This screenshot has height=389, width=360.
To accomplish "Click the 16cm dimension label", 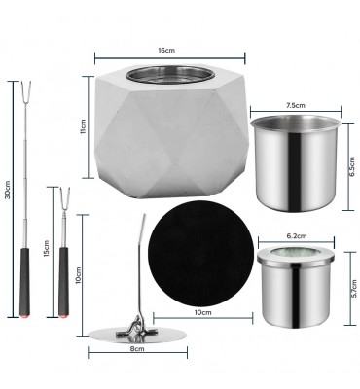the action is [x=166, y=51].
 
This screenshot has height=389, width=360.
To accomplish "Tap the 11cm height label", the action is [x=84, y=126].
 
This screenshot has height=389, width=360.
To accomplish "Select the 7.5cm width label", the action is [x=296, y=105].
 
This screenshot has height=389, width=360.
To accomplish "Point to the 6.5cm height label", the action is [x=352, y=167].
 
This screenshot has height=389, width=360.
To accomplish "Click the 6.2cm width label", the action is [x=297, y=236].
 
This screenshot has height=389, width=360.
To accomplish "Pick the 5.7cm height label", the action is [x=354, y=290].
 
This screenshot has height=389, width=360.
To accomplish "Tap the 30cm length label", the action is [x=8, y=190].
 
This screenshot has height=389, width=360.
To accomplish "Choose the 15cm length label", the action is [x=47, y=249].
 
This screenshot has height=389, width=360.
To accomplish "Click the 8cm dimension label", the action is [x=137, y=349].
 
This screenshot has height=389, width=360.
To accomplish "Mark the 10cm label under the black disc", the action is [x=202, y=312].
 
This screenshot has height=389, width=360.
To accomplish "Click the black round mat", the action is [x=200, y=254].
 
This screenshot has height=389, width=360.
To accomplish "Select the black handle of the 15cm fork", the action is [x=63, y=281].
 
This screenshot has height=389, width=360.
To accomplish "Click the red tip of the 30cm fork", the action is [x=24, y=315].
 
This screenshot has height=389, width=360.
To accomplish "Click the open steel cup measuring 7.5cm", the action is [x=296, y=163].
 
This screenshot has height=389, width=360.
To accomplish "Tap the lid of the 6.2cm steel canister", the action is [x=296, y=257].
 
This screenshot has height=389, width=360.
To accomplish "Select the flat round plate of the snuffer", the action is [x=137, y=336].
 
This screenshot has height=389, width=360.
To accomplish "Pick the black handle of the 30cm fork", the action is [x=24, y=281].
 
